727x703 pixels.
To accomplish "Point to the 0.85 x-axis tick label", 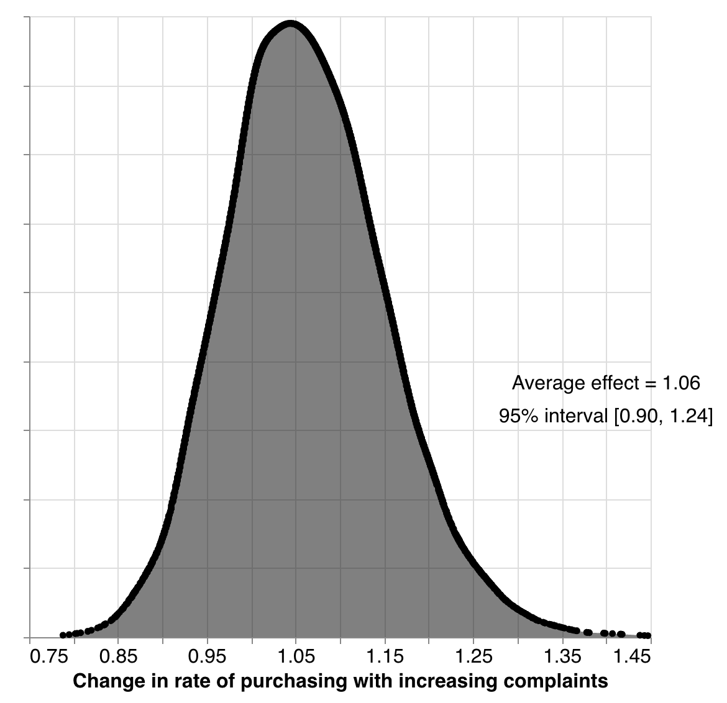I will pos(117,656).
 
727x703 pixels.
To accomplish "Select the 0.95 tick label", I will pos(207,656).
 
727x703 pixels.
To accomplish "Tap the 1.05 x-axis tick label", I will pos(296,656).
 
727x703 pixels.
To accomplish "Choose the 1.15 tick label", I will pos(385,656).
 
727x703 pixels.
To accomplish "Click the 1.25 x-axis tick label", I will pos(473,656).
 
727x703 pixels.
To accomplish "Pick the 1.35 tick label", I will pos(563,656).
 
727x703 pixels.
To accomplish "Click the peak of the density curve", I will pos(290,25).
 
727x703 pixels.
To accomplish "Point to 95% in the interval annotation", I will pos(519,416).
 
